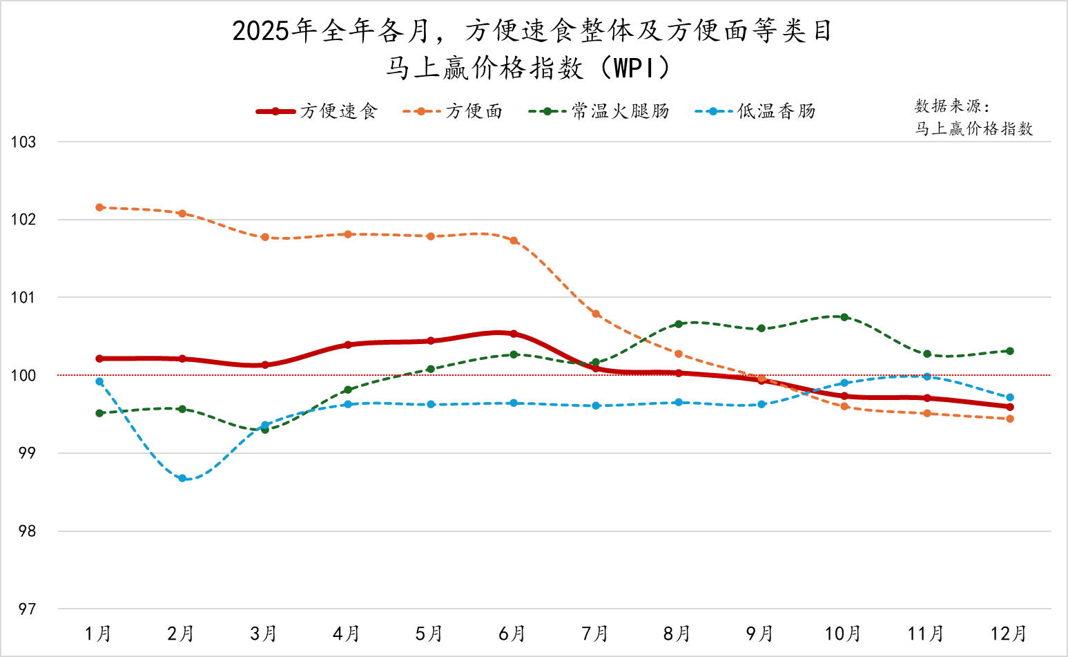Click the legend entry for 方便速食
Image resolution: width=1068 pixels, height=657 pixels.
click(x=318, y=111)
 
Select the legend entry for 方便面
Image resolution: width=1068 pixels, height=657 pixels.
click(x=453, y=111)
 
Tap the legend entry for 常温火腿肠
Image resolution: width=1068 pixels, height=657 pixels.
click(x=599, y=111)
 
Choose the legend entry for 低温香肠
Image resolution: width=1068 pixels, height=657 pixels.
click(x=755, y=111)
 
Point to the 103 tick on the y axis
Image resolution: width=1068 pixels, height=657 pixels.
click(x=23, y=142)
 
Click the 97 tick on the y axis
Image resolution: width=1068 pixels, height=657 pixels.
click(x=26, y=609)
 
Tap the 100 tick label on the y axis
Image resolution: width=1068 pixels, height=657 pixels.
click(x=23, y=376)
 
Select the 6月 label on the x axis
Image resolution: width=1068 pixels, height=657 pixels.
click(x=512, y=634)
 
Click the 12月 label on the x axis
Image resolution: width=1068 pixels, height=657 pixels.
click(x=1009, y=634)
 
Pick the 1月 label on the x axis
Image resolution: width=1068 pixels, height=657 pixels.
click(x=98, y=634)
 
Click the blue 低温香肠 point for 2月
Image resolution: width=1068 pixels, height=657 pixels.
click(x=182, y=478)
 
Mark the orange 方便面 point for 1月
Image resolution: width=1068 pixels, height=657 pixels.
click(x=99, y=207)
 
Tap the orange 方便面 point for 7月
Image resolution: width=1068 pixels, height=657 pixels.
click(x=596, y=314)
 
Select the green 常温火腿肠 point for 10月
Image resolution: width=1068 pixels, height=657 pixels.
click(x=844, y=317)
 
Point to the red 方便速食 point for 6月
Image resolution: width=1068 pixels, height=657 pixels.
click(x=514, y=334)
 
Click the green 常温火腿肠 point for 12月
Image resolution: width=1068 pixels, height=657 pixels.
click(x=1010, y=351)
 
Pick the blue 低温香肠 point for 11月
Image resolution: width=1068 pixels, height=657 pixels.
click(x=927, y=377)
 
